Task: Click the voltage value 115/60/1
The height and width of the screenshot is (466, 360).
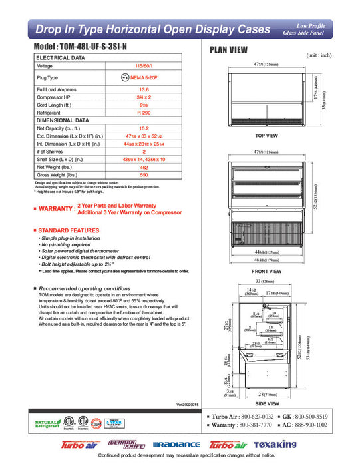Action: pyautogui.click(x=142, y=66)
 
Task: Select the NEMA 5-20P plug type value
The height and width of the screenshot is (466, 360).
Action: pyautogui.click(x=146, y=77)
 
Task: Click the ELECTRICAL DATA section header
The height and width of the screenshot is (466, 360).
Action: pyautogui.click(x=60, y=58)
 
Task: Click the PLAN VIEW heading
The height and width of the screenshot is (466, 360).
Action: pyautogui.click(x=228, y=49)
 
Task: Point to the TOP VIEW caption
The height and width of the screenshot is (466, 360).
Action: pyautogui.click(x=266, y=135)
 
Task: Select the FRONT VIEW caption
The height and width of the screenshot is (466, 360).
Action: pyautogui.click(x=266, y=272)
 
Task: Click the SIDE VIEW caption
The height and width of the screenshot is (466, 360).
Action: pyautogui.click(x=266, y=403)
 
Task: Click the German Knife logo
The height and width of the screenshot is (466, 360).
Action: pyautogui.click(x=120, y=444)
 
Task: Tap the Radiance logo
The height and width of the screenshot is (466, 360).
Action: pyautogui.click(x=176, y=444)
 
